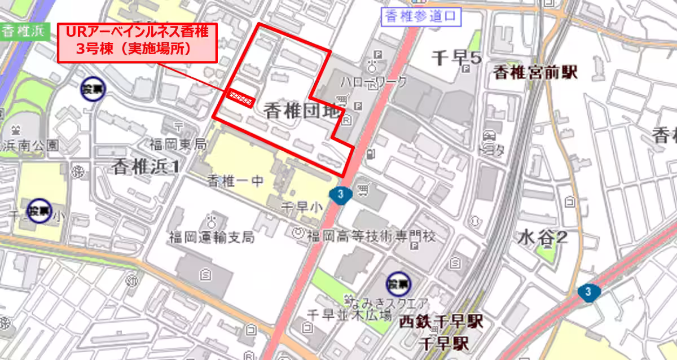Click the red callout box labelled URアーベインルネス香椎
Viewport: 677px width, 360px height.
(x=137, y=42)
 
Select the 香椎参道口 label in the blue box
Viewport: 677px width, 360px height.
(x=421, y=16)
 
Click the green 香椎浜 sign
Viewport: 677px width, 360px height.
(x=23, y=31)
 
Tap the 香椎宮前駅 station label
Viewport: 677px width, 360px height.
(x=536, y=72)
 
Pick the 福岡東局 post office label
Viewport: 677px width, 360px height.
(x=178, y=144)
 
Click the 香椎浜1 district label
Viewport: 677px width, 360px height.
(x=146, y=166)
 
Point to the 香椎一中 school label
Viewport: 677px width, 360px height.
(x=235, y=182)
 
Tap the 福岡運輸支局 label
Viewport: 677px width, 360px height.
(x=212, y=237)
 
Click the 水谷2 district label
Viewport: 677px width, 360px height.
(x=542, y=238)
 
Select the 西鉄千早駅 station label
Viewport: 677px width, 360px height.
(x=441, y=323)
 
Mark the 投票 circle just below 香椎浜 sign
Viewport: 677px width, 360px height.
(x=92, y=89)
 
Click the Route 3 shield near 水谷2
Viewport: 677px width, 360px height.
(x=589, y=292)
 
